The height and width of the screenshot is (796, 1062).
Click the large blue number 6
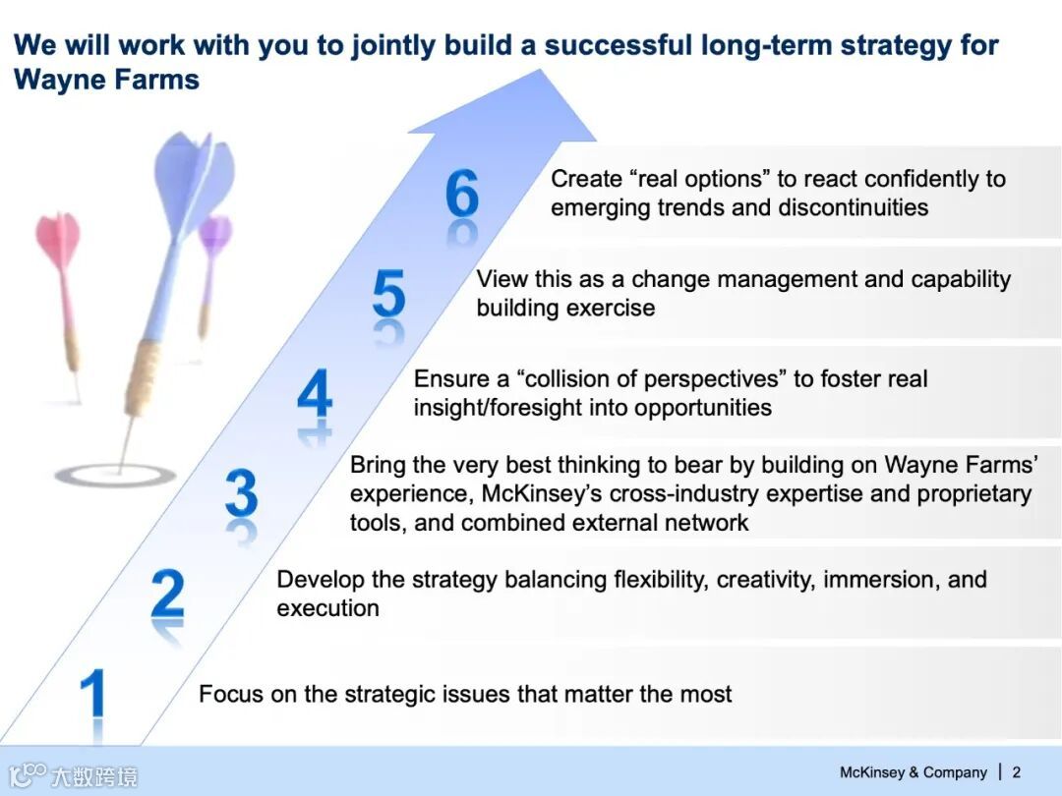(x=462, y=193)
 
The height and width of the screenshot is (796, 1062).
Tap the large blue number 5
(x=388, y=293)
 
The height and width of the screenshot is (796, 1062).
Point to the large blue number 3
(x=242, y=492)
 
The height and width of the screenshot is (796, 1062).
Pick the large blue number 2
(x=167, y=593)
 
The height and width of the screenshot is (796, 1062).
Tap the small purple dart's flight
(x=214, y=234)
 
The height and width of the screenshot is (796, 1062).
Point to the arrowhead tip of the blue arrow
(x=541, y=69)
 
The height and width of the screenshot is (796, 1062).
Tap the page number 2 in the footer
(x=1016, y=772)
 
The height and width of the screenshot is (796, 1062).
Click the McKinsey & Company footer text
(x=913, y=772)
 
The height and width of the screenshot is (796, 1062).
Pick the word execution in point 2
(x=327, y=608)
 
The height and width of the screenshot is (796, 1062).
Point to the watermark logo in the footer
(x=73, y=775)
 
